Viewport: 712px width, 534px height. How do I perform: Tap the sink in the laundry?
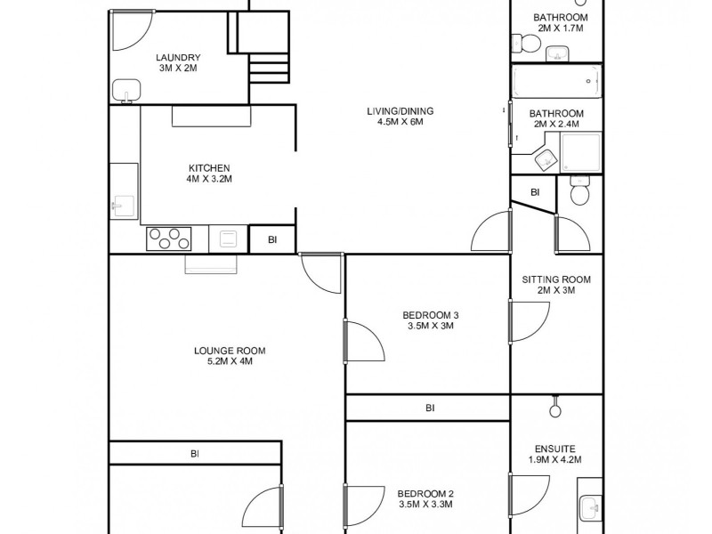[125, 91]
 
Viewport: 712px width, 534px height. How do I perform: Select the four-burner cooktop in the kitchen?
[169, 239]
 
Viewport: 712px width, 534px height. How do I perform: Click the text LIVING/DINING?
[400, 110]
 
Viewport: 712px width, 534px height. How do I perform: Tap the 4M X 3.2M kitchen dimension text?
[209, 179]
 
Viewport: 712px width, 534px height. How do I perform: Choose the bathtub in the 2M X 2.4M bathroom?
[556, 82]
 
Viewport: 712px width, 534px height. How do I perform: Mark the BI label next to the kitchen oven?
[271, 239]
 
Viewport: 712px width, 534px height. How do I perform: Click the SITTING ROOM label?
[556, 279]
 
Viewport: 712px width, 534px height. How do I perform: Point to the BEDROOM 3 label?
[431, 314]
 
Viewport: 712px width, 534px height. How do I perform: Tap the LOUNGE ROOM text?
[230, 350]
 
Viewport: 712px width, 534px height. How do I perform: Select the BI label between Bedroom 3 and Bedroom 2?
[430, 408]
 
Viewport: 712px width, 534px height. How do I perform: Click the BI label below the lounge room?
[194, 453]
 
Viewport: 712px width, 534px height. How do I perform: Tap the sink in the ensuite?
[589, 508]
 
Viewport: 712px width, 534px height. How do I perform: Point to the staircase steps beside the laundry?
[270, 68]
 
